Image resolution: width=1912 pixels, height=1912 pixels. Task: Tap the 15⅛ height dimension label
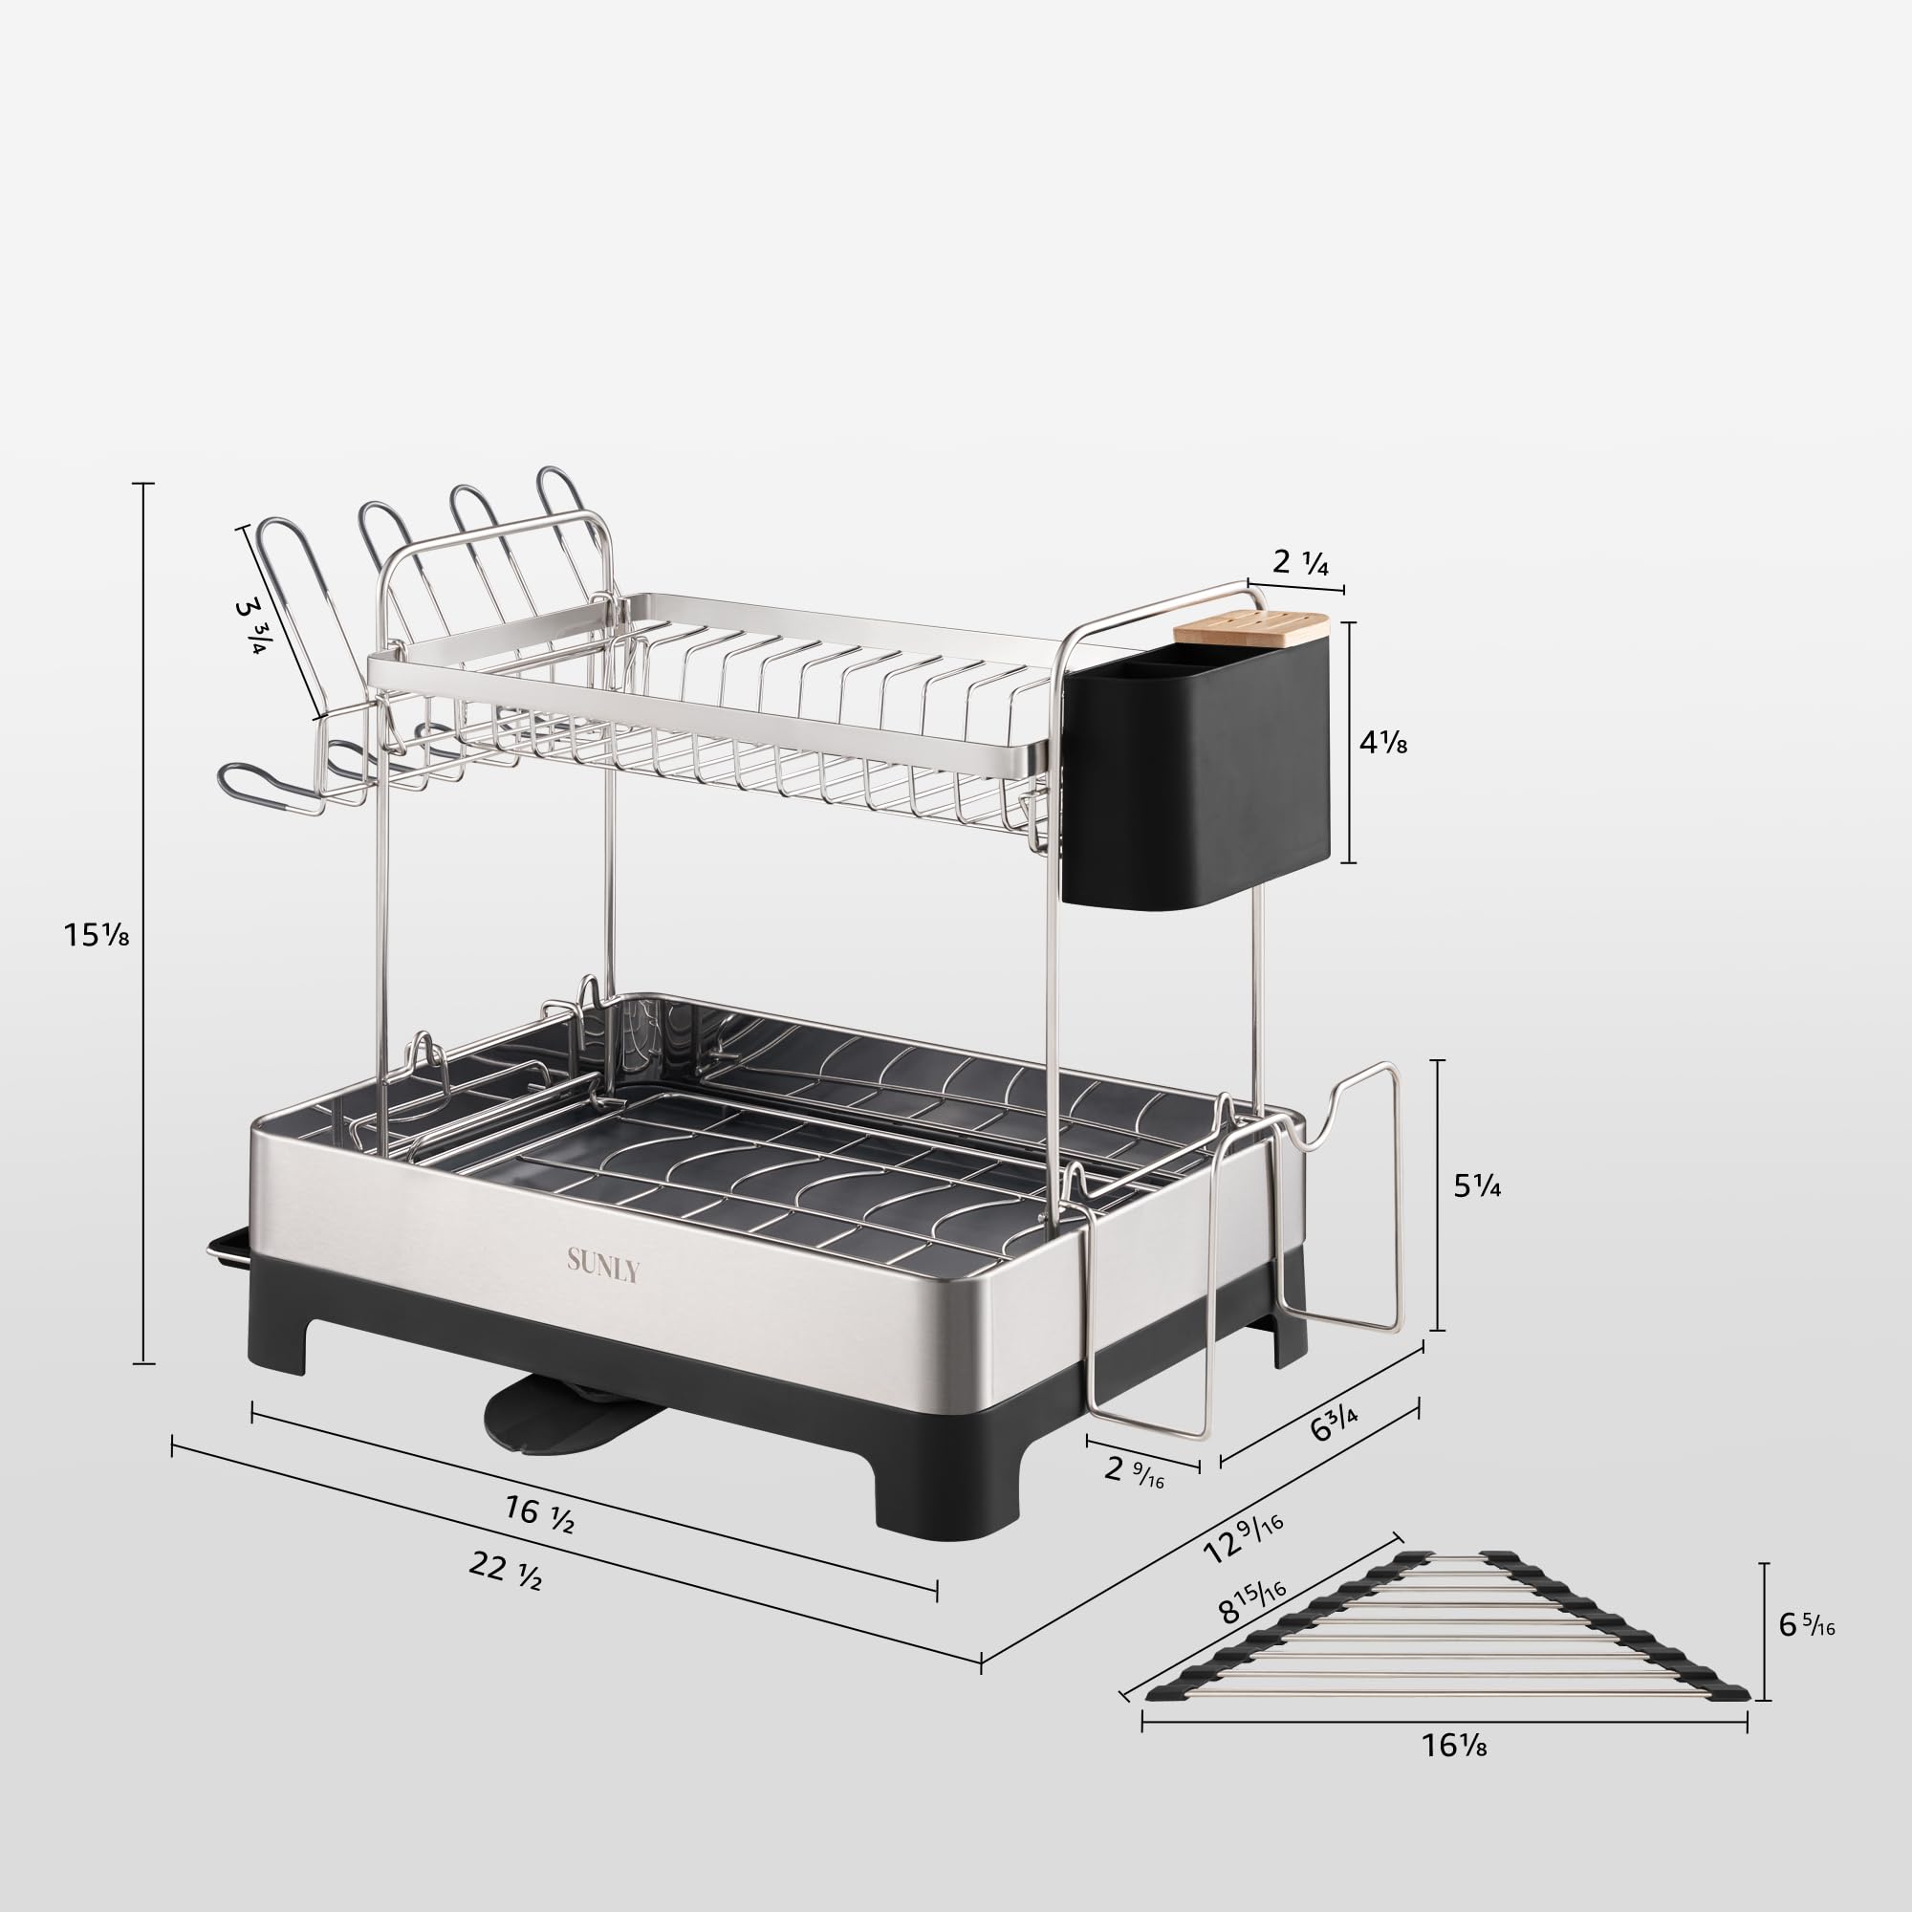(x=96, y=933)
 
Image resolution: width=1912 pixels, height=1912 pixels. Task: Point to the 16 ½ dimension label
(x=539, y=1514)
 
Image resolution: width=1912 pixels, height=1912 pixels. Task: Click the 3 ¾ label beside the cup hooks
(x=250, y=625)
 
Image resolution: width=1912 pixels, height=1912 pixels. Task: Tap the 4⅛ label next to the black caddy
(x=1382, y=741)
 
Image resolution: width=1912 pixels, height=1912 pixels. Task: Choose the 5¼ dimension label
(x=1477, y=1185)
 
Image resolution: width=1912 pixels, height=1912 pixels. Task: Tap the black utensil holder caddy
(x=1198, y=771)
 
